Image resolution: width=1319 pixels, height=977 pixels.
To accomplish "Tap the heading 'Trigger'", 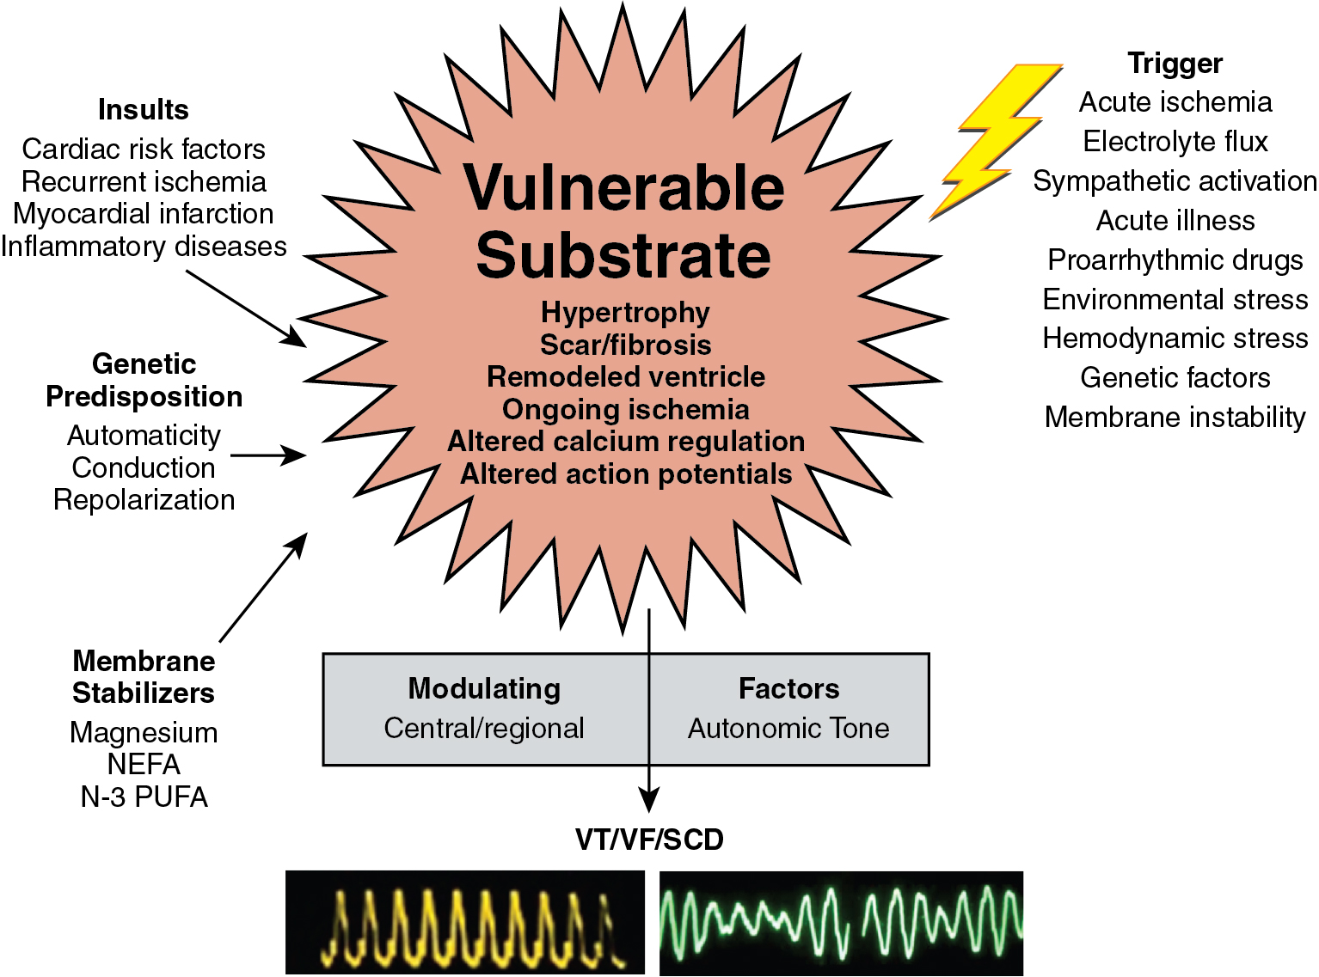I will coord(1175,64).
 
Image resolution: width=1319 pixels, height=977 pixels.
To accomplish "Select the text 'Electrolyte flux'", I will coord(1175,142).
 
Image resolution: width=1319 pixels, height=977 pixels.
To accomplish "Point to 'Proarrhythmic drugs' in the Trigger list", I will coord(1175,260).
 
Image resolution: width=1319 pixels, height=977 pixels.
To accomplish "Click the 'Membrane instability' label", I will coord(1175,418).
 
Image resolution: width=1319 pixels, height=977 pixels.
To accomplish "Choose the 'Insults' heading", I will coord(143,110).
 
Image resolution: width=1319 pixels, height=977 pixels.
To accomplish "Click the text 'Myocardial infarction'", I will coord(143,214).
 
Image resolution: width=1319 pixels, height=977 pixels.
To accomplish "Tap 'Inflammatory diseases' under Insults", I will coord(143,247).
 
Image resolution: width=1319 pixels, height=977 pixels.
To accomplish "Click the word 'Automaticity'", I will coord(144,436).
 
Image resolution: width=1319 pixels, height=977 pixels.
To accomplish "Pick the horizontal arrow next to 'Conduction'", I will coord(268,455).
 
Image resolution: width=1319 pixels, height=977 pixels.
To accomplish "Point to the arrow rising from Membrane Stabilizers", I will coord(263,587).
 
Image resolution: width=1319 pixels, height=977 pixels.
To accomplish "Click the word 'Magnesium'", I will coord(144,733).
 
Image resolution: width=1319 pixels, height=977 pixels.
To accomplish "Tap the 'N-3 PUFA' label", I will coord(144,797).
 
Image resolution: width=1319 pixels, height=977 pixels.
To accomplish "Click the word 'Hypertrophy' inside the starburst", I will coord(625,313).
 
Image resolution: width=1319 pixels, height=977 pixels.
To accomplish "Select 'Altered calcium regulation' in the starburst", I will coord(625,442).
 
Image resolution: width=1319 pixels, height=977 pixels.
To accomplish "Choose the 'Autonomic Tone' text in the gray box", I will coord(788,729).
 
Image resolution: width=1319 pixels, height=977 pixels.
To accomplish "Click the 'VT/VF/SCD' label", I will coord(649,840).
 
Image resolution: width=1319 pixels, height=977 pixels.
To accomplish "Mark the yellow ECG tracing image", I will coord(464,922).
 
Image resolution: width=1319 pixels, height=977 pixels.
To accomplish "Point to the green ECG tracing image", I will coord(841,922).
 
